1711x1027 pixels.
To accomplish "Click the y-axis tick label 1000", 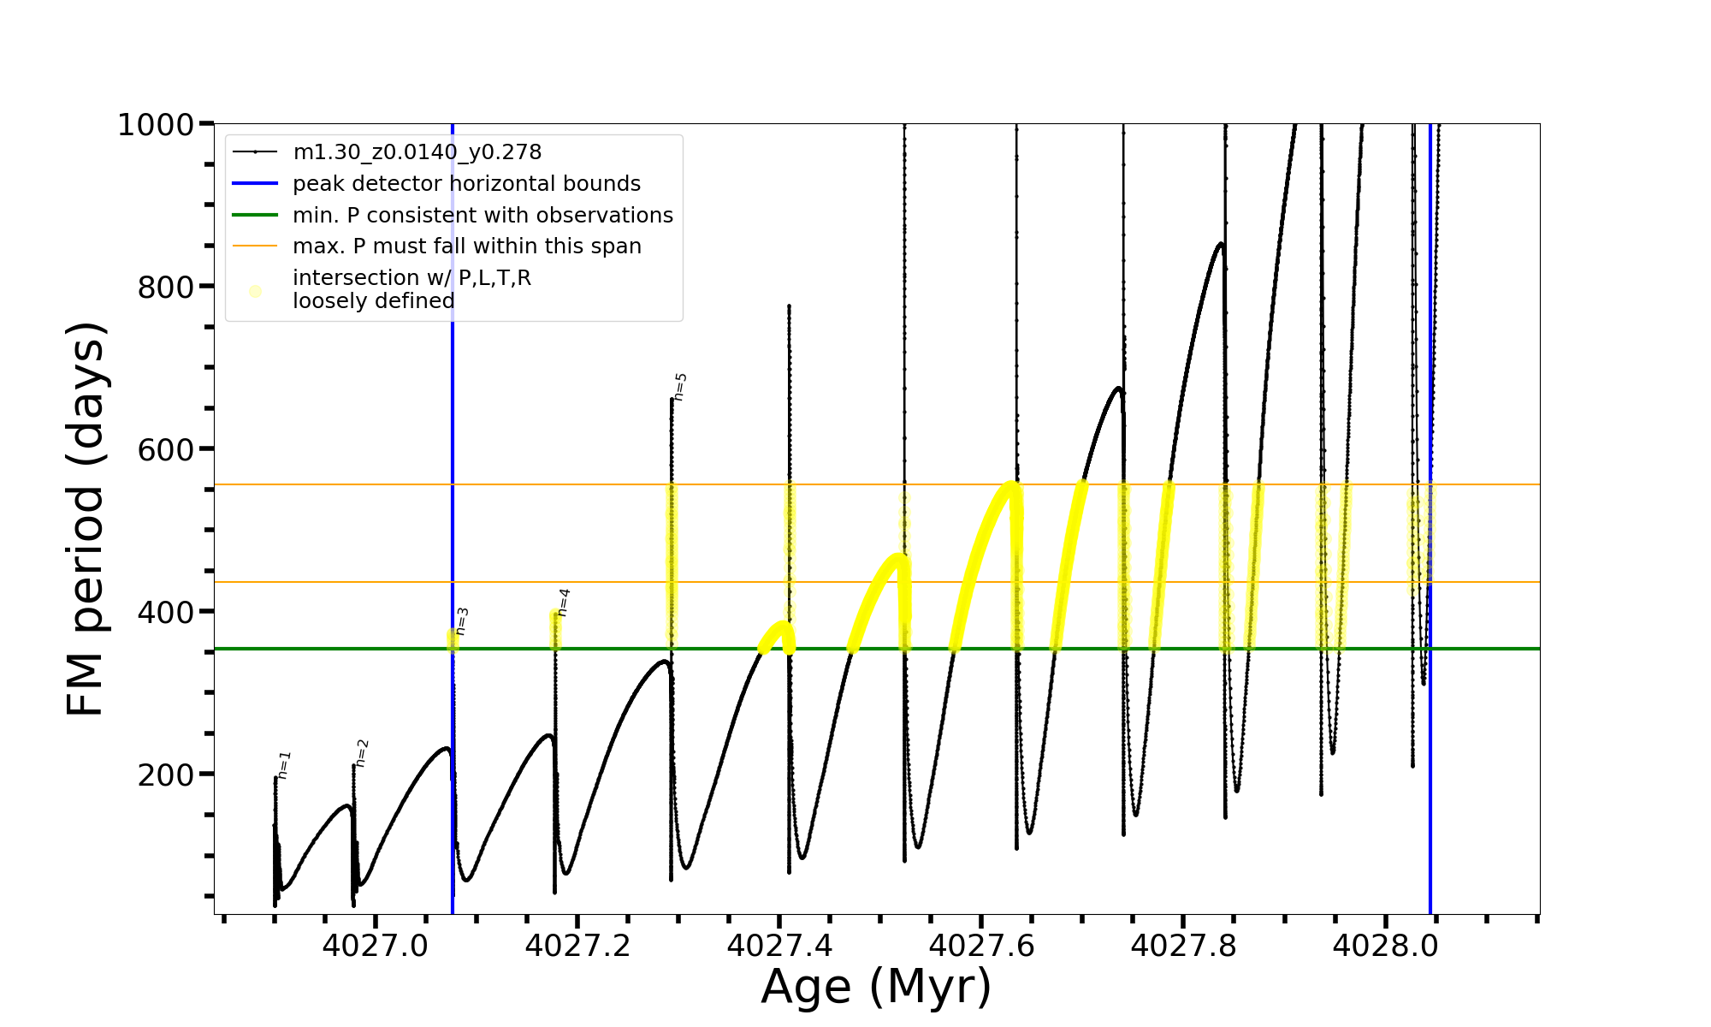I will [155, 125].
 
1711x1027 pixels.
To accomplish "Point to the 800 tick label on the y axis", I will [166, 288].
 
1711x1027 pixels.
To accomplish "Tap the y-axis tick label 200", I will [166, 775].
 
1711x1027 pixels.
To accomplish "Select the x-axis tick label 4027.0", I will [375, 946].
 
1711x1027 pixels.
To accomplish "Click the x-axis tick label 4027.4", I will [779, 946].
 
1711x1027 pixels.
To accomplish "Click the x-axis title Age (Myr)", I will [876, 987].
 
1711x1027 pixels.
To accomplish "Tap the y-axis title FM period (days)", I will [86, 519].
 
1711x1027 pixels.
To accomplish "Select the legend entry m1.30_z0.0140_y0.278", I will [417, 152].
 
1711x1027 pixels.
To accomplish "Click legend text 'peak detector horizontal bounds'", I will [466, 184].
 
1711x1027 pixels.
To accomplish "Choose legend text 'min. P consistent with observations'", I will [483, 215].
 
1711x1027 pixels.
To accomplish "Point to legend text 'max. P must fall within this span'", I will [466, 246].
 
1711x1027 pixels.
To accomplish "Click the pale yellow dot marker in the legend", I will [255, 291].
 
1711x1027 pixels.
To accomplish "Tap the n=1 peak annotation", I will [285, 765].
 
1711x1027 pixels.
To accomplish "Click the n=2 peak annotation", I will [362, 753].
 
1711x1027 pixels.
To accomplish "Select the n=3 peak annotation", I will [462, 621].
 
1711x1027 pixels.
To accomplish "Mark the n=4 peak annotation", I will [563, 603].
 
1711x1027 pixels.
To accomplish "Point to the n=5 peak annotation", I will [680, 387].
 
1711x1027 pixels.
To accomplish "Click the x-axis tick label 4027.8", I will [1183, 946].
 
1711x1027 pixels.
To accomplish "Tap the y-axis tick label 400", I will [166, 613].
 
